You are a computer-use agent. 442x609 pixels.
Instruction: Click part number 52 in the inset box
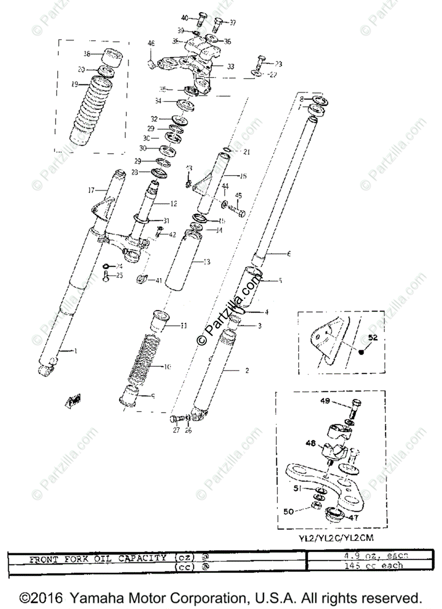[x=373, y=337]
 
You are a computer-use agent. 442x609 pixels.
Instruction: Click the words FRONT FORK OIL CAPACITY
[x=98, y=559]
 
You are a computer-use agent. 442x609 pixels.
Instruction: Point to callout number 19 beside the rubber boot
[x=75, y=85]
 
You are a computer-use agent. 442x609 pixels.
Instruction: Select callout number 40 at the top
[x=185, y=18]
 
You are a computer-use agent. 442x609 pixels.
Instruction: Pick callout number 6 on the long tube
[x=289, y=254]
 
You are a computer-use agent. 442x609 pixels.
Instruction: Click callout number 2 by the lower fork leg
[x=247, y=370]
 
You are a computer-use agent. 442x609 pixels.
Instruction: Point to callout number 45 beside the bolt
[x=239, y=195]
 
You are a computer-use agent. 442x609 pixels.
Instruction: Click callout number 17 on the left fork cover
[x=92, y=191]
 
